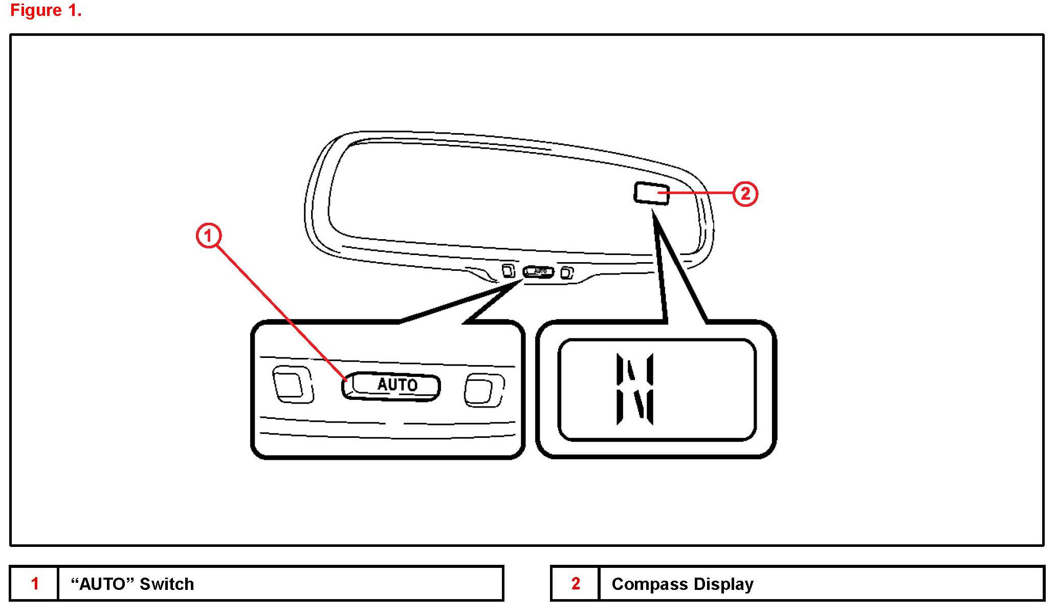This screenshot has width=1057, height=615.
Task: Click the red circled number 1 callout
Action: [x=208, y=236]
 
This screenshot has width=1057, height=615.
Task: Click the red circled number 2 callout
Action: [x=745, y=194]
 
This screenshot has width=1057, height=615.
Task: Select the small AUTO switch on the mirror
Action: [x=538, y=271]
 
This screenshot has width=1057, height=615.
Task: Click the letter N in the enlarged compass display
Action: [x=635, y=389]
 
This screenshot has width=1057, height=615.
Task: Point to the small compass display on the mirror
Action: [x=651, y=193]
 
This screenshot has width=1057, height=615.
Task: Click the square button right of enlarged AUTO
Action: [x=483, y=390]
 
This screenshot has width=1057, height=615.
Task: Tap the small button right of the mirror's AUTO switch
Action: [x=567, y=272]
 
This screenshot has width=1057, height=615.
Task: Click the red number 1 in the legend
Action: [x=35, y=583]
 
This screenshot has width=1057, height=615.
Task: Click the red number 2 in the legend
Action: [x=576, y=583]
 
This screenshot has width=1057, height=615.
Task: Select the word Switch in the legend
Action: [x=167, y=584]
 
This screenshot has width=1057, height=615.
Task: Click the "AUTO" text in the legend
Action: [x=102, y=584]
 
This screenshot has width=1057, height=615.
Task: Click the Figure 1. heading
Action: [x=46, y=10]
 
